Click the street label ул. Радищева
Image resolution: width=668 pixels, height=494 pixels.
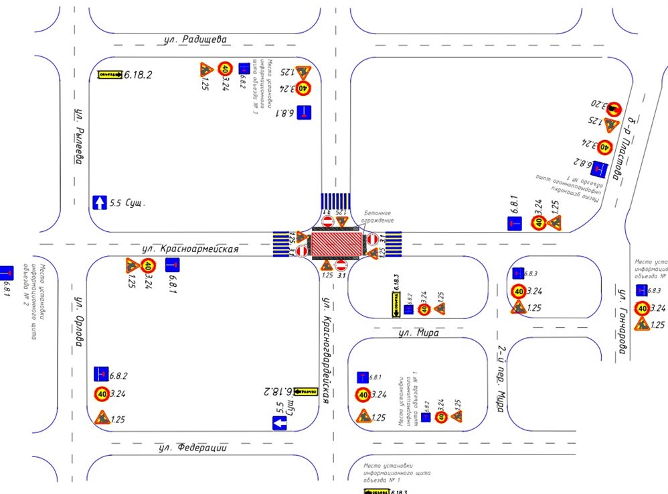pyautogui.click(x=196, y=40)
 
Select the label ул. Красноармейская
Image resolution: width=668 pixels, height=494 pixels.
pyautogui.click(x=190, y=249)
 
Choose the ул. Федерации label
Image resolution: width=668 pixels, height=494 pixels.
pyautogui.click(x=193, y=448)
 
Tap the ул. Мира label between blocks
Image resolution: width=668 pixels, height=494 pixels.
pyautogui.click(x=418, y=332)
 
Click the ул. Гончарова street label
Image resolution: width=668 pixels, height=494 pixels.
pyautogui.click(x=621, y=322)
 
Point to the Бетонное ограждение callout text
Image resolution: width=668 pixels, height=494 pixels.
pyautogui.click(x=375, y=216)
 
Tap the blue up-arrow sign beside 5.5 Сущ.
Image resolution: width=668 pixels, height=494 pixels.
pyautogui.click(x=99, y=201)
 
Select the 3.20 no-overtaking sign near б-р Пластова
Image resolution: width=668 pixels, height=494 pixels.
pyautogui.click(x=613, y=105)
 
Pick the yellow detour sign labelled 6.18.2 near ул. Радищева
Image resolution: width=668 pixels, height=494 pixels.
pyautogui.click(x=109, y=75)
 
